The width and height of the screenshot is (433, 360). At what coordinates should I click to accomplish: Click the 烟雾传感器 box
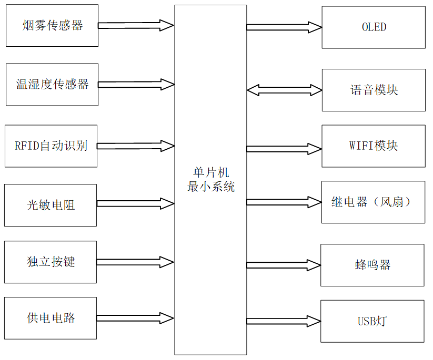point(52,26)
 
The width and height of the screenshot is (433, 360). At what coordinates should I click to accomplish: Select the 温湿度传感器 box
point(52,84)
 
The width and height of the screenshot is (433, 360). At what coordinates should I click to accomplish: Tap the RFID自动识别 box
point(51,146)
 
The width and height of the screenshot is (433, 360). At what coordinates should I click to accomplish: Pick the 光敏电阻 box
point(51,205)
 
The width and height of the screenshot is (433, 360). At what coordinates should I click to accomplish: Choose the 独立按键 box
point(51,262)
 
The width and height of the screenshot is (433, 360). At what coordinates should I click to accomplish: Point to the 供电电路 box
point(51,318)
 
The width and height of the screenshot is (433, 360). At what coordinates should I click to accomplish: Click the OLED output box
point(374,27)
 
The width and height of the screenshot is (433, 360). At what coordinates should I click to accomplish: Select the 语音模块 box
point(374,90)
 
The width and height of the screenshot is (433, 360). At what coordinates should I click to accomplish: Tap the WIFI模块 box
point(374,146)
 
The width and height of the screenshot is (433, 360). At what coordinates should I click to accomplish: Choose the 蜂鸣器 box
point(372,265)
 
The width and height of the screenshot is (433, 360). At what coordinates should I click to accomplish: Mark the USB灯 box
point(372,321)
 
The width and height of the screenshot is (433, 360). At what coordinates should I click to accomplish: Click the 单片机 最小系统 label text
point(210,180)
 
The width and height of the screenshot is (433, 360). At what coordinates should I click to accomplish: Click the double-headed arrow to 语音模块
point(284,90)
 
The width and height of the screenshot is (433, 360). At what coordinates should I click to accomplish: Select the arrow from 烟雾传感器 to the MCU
point(136,25)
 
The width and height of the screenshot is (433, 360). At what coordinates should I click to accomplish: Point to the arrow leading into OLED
point(284,27)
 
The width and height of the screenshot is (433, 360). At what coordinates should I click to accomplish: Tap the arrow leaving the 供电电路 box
point(135,318)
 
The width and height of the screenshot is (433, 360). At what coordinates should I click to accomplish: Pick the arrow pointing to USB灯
point(284,321)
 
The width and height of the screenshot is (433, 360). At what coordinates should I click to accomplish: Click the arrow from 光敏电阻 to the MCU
point(135,203)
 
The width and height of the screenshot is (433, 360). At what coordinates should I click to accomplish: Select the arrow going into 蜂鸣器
point(284,264)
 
